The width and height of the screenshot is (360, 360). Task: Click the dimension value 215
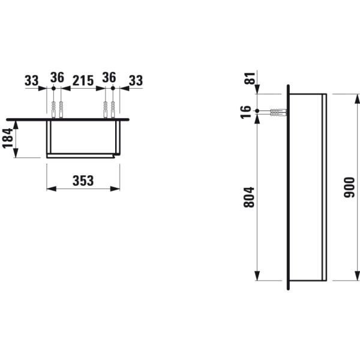click(x=83, y=79)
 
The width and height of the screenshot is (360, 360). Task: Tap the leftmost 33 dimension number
click(x=32, y=79)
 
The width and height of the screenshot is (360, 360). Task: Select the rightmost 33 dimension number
click(x=136, y=79)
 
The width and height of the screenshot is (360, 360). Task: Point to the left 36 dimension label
click(x=57, y=79)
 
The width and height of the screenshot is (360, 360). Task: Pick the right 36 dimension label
click(x=109, y=79)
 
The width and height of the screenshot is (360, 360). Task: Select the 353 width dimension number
click(x=83, y=181)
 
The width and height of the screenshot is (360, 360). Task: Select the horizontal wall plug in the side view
click(x=277, y=112)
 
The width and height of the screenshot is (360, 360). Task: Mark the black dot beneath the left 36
click(x=54, y=88)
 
